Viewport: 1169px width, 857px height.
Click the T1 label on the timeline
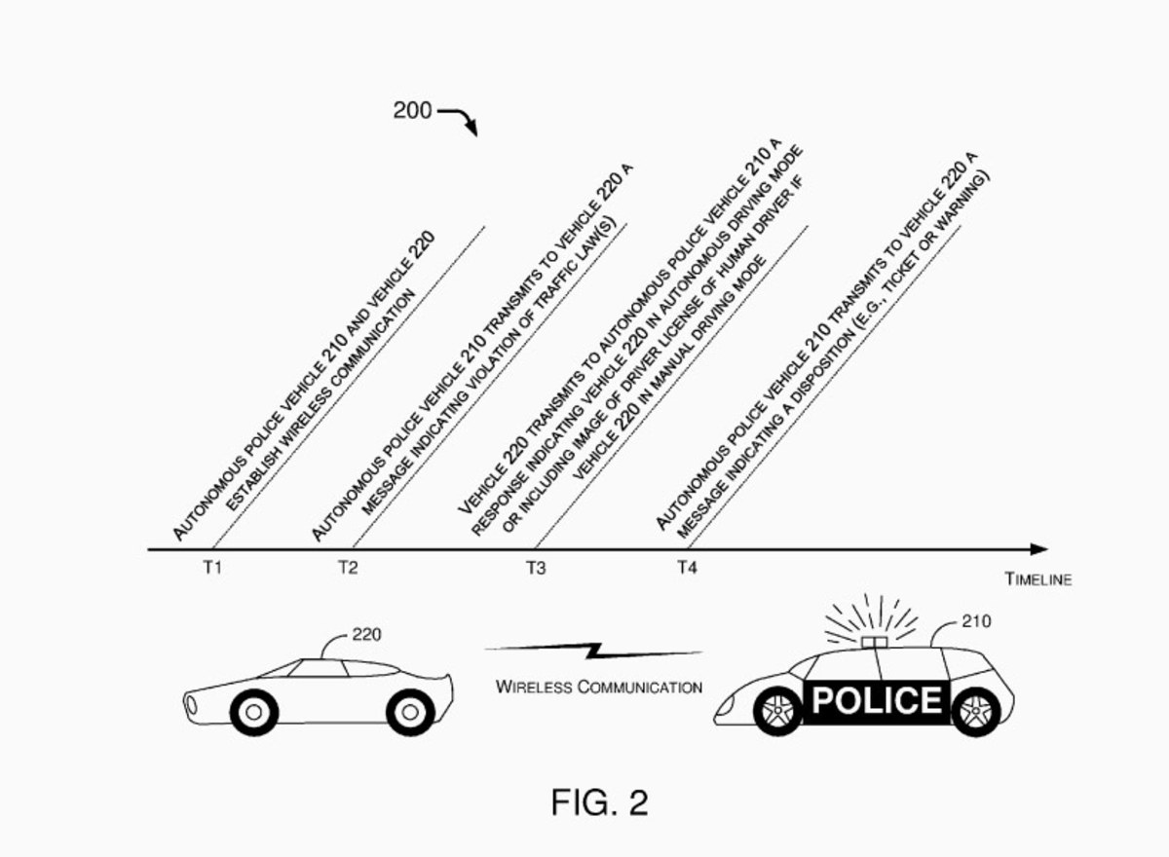212,567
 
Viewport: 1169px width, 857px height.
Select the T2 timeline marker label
348,567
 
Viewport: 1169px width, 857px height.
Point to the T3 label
536,567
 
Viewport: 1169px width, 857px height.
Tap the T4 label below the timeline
688,567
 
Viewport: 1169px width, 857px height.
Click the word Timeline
1038,579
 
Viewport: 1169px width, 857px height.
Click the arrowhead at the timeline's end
1038,549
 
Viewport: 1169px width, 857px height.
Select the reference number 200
412,110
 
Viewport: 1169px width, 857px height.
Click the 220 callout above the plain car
366,634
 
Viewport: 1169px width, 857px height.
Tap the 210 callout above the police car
976,621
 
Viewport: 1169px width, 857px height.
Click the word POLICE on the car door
877,700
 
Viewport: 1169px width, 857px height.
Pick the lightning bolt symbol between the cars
594,651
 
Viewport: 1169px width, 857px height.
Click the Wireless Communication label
599,687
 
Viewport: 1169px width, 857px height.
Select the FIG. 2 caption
600,802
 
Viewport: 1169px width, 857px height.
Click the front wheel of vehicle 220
254,713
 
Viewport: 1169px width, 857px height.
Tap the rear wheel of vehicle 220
410,713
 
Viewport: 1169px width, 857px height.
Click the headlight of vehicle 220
192,705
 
